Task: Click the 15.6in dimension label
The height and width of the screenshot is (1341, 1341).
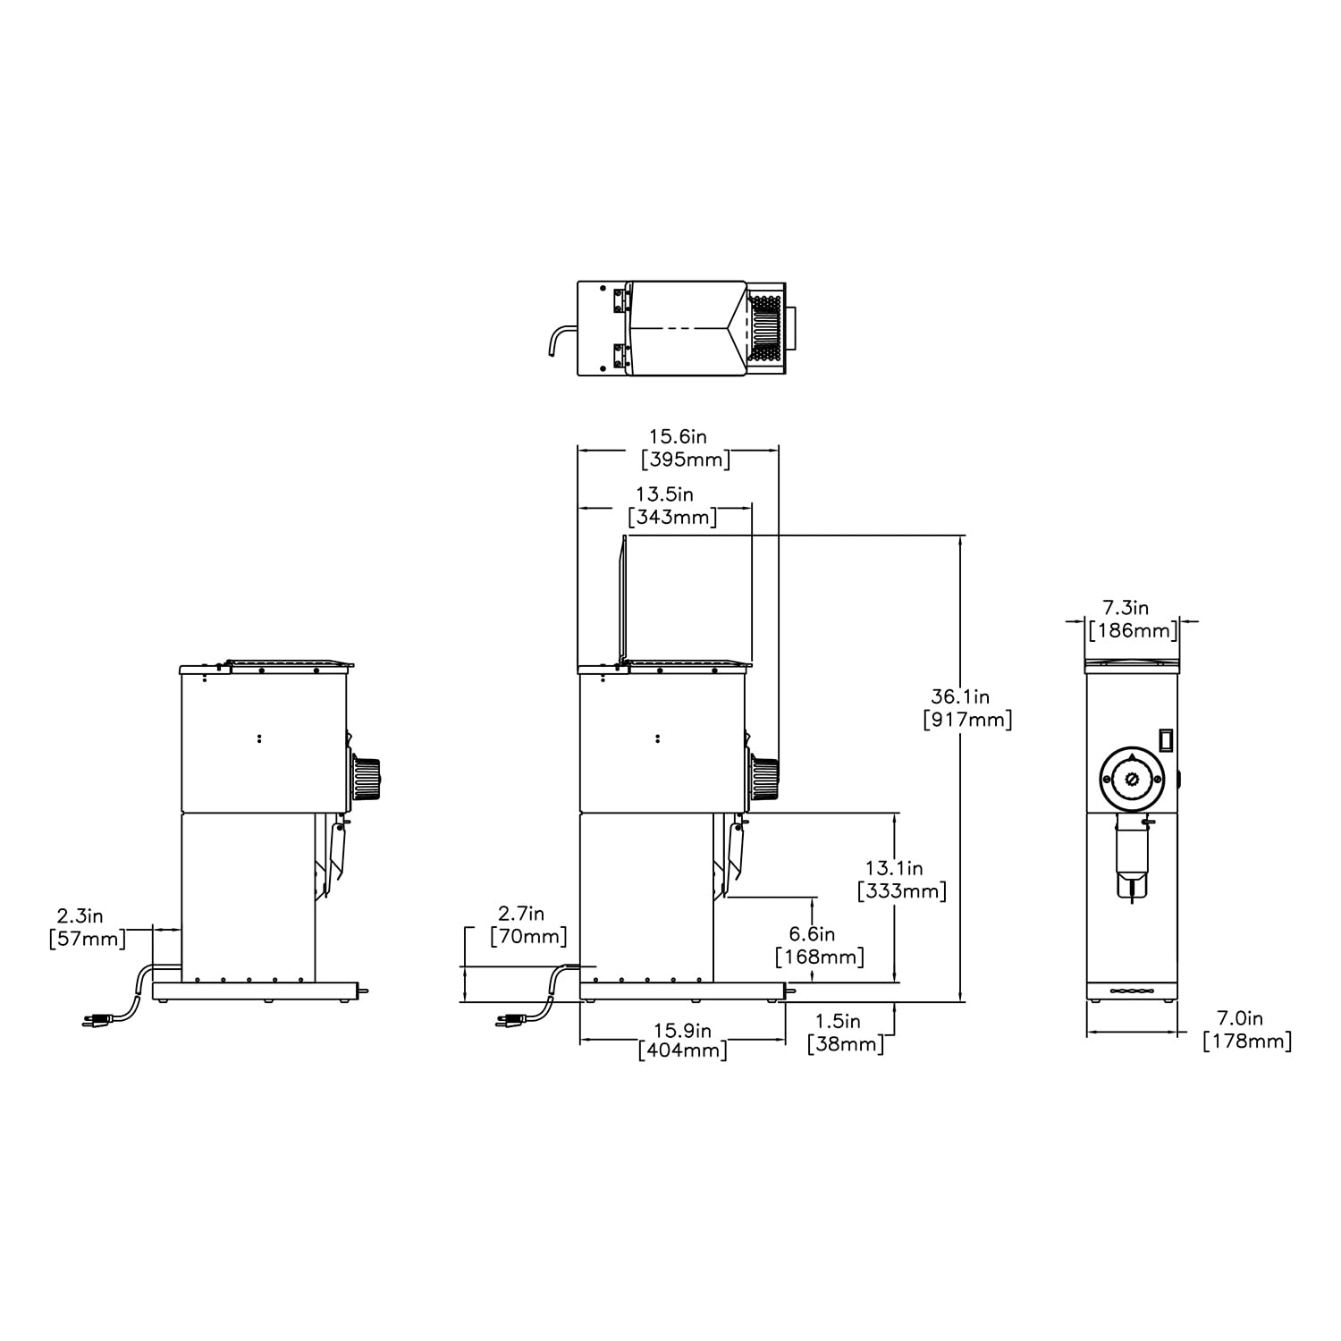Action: click(678, 436)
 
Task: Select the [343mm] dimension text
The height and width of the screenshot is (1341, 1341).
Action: click(672, 517)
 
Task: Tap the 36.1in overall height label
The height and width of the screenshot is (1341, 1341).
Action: click(960, 696)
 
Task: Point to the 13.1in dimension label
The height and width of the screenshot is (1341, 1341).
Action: click(894, 868)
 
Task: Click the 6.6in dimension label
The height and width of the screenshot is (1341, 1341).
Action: click(812, 934)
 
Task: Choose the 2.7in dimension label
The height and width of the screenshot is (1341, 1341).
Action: click(522, 914)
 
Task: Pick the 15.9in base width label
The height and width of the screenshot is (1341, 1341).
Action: click(682, 1029)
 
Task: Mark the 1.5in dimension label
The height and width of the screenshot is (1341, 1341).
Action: click(838, 1021)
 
